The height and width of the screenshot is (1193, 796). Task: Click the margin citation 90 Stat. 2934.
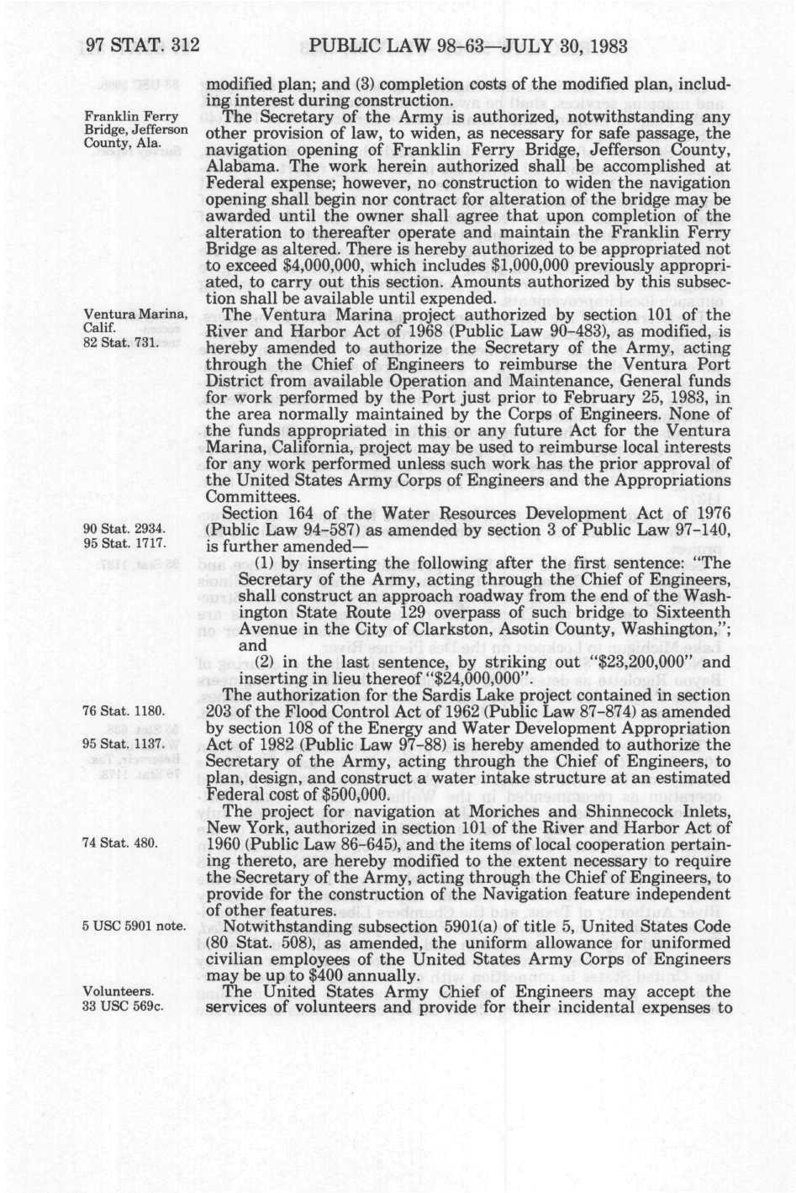pos(123,529)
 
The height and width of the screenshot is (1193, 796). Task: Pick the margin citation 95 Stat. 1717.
pos(123,544)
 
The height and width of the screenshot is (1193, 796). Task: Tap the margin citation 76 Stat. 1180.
pos(123,711)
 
